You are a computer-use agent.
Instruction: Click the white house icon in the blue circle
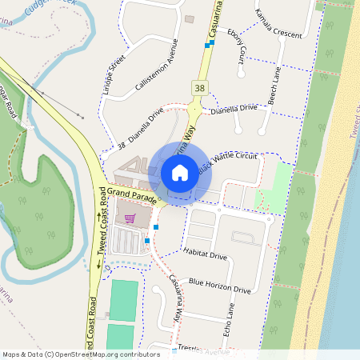click(179, 173)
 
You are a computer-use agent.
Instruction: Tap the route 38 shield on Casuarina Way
click(197, 86)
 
